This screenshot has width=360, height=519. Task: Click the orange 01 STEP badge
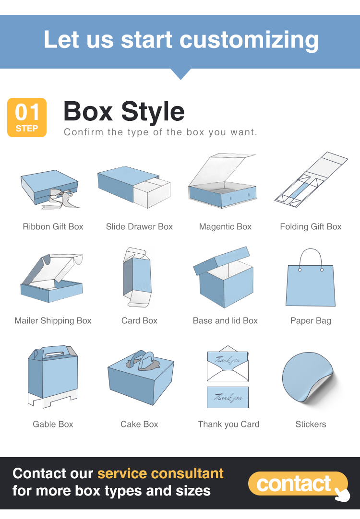point(27,118)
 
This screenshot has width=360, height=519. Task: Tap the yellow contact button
point(298,484)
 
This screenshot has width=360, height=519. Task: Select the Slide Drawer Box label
point(139,227)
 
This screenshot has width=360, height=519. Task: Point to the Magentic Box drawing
point(222,181)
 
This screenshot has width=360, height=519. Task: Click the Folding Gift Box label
point(311,227)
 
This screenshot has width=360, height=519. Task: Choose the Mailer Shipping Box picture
point(52,278)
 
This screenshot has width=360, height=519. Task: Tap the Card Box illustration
point(137,277)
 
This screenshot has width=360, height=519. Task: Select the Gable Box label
point(53,425)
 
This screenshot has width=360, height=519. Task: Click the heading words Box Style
point(124,112)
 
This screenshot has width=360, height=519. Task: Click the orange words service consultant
point(160,473)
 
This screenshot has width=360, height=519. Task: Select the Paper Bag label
point(311,321)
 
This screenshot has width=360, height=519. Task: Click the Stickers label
point(311,425)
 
